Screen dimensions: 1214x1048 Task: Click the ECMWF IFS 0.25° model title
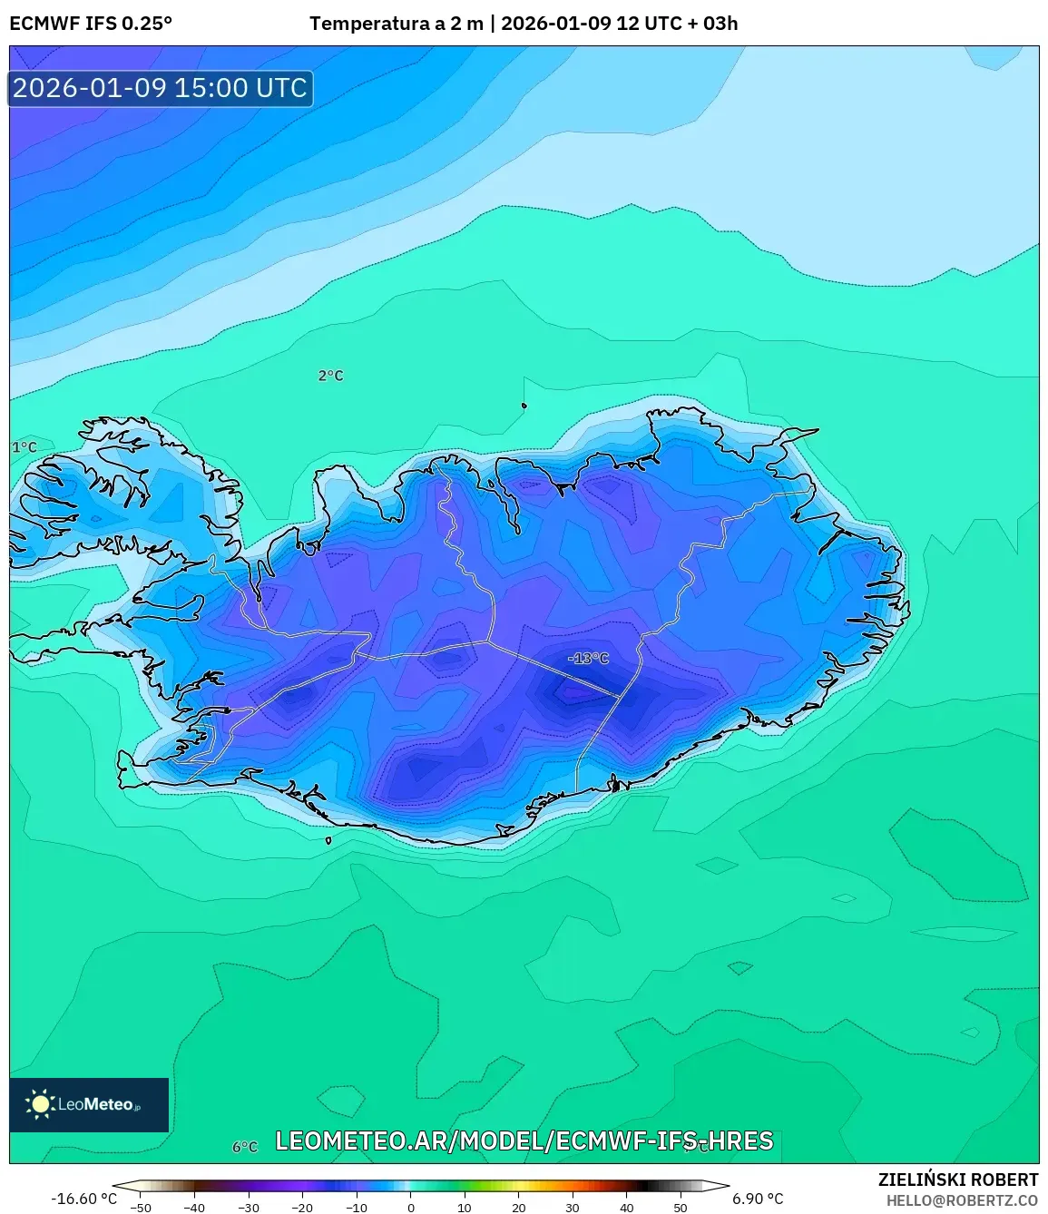[91, 24]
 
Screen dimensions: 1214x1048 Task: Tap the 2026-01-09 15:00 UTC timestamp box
[161, 88]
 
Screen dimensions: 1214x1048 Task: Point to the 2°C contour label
[330, 376]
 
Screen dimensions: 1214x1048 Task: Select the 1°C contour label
[24, 447]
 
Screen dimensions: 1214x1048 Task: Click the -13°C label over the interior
[588, 658]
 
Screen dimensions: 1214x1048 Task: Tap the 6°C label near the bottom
[245, 1147]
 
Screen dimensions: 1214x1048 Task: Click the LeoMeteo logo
[89, 1104]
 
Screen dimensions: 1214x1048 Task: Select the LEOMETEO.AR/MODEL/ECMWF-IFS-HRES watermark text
[524, 1141]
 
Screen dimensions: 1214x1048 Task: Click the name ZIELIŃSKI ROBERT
[957, 1180]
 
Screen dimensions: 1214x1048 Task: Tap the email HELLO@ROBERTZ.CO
[962, 1200]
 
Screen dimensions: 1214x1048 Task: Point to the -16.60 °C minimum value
[83, 1199]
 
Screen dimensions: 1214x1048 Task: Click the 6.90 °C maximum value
[758, 1199]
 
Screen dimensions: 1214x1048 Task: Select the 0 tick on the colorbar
[411, 1208]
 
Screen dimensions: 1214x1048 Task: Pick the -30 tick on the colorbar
[249, 1208]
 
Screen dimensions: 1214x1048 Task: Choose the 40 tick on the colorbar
[627, 1208]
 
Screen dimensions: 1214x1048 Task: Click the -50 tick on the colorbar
[141, 1208]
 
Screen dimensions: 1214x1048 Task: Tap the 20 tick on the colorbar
[519, 1208]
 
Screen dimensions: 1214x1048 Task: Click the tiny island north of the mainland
[524, 406]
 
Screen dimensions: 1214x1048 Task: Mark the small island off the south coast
[328, 840]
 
